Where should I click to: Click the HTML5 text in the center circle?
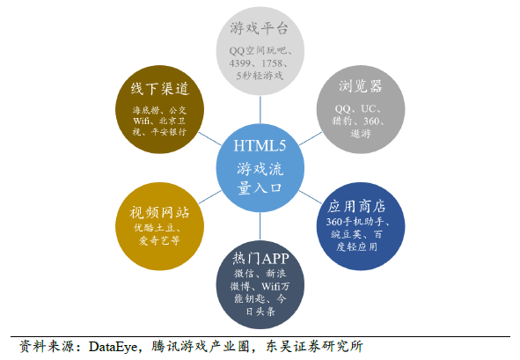(260, 145)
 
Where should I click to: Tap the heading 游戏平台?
(259, 28)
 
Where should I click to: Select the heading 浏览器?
(360, 86)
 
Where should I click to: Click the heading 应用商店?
(356, 206)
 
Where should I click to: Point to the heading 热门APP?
(260, 258)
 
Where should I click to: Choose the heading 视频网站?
(159, 212)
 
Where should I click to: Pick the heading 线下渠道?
(160, 89)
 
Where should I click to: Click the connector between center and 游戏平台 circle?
(260, 110)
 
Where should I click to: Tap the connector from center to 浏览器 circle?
(311, 139)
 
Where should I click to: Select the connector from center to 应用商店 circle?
(311, 197)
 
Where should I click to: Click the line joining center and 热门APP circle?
(260, 226)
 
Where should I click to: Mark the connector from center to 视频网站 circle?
(210, 197)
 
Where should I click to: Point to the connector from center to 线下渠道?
(210, 139)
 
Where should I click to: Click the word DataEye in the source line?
(114, 347)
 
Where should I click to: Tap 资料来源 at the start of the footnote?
(47, 347)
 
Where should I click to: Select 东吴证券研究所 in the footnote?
(314, 347)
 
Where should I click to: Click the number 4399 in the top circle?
(240, 63)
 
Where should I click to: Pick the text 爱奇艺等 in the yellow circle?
(159, 240)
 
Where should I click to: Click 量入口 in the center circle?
(260, 188)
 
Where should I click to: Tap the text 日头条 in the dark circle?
(260, 312)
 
